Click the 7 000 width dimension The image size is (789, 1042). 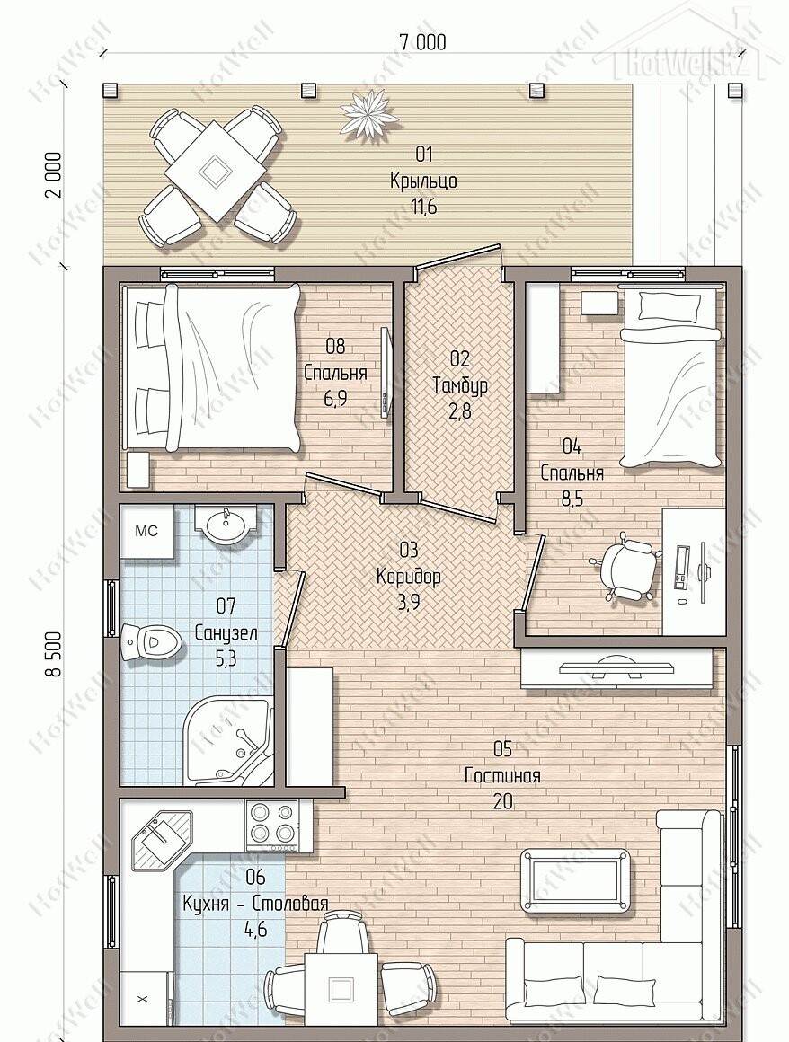[422, 42]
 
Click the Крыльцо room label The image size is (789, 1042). [423, 181]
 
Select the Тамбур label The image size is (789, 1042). [460, 384]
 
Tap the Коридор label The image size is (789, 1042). [408, 576]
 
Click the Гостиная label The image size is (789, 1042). [502, 775]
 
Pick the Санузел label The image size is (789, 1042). [226, 632]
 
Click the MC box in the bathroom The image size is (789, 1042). [146, 531]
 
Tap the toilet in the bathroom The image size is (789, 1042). [151, 642]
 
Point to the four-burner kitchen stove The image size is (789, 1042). [272, 826]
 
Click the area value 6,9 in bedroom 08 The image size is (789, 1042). [336, 398]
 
